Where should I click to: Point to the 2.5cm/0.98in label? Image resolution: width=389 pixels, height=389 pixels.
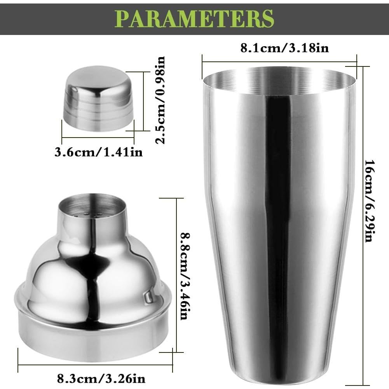(x=160, y=100)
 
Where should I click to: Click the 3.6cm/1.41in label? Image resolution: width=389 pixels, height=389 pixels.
(x=98, y=152)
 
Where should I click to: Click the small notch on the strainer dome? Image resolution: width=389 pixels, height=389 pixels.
(x=148, y=298)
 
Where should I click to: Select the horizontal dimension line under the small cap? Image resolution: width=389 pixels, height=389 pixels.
(x=98, y=137)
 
